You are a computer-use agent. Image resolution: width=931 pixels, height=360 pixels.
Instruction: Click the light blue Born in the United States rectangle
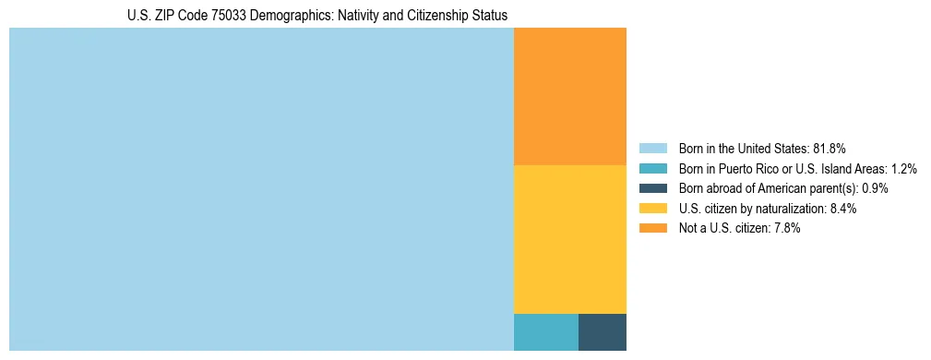pyautogui.click(x=261, y=189)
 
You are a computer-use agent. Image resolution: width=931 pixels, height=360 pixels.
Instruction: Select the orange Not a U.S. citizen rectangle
pyautogui.click(x=569, y=96)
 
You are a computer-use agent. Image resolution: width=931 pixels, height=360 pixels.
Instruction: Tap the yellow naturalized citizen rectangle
pyautogui.click(x=569, y=239)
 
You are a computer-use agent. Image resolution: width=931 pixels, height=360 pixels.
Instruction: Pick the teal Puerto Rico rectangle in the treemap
pyautogui.click(x=545, y=332)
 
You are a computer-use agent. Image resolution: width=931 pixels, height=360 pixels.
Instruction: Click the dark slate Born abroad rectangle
pyautogui.click(x=603, y=332)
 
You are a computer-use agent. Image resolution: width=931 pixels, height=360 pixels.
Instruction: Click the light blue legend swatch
pyautogui.click(x=652, y=148)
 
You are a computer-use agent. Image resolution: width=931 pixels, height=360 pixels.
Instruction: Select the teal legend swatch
pyautogui.click(x=652, y=168)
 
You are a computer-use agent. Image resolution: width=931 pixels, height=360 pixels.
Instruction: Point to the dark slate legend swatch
pyautogui.click(x=652, y=188)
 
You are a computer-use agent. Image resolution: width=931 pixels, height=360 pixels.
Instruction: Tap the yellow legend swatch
pyautogui.click(x=652, y=209)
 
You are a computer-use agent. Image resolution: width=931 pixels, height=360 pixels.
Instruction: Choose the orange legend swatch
pyautogui.click(x=652, y=228)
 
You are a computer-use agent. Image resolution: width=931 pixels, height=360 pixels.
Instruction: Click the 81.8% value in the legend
pyautogui.click(x=830, y=148)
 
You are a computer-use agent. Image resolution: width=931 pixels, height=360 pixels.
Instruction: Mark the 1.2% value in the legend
pyautogui.click(x=903, y=168)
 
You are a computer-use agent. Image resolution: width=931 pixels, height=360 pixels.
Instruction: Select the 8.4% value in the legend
pyautogui.click(x=843, y=209)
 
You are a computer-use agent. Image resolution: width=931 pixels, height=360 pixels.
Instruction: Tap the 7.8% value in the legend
pyautogui.click(x=787, y=228)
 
